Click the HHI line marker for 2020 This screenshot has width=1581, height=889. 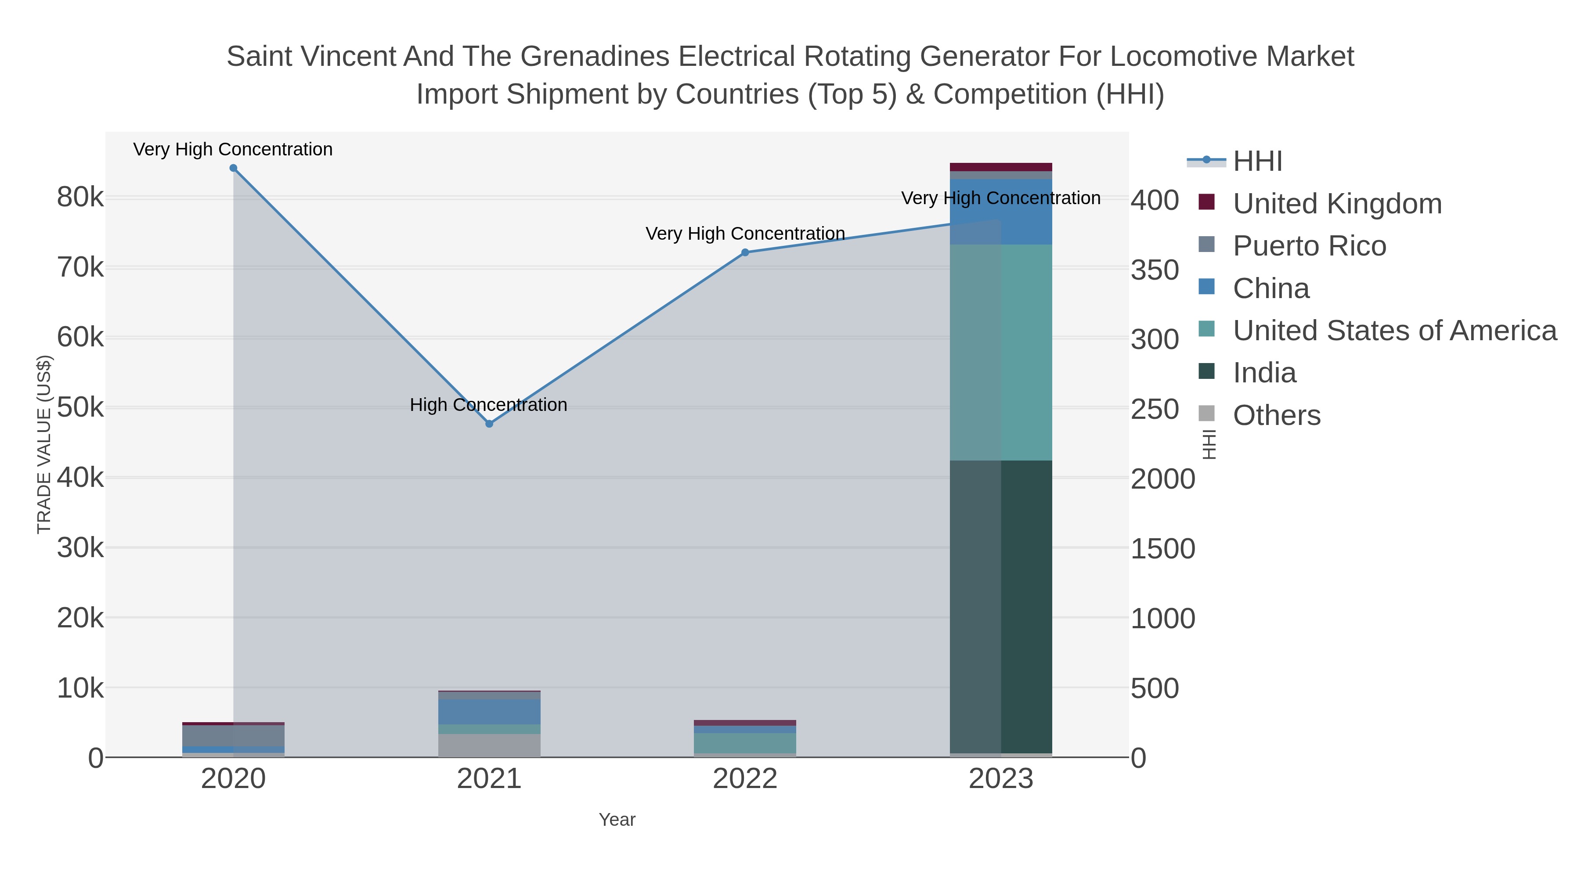(x=233, y=168)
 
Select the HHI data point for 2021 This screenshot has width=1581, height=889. (x=489, y=424)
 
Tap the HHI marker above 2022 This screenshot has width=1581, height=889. (x=745, y=252)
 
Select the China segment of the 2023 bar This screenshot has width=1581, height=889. (x=1001, y=212)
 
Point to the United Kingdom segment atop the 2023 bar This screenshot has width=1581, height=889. (x=1001, y=167)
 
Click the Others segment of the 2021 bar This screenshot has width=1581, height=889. (x=489, y=745)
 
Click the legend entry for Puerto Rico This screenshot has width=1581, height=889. (x=1309, y=246)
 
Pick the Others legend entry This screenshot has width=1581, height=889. (x=1277, y=415)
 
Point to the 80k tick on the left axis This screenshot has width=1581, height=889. (x=80, y=198)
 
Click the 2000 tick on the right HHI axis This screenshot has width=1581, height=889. (x=1162, y=479)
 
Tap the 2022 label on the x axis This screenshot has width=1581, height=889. (x=745, y=779)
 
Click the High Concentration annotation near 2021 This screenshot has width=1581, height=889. (x=488, y=405)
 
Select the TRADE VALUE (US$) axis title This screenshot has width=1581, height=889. (x=44, y=444)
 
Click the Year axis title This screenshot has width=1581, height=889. (x=617, y=820)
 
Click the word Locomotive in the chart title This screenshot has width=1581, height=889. (x=1183, y=57)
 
